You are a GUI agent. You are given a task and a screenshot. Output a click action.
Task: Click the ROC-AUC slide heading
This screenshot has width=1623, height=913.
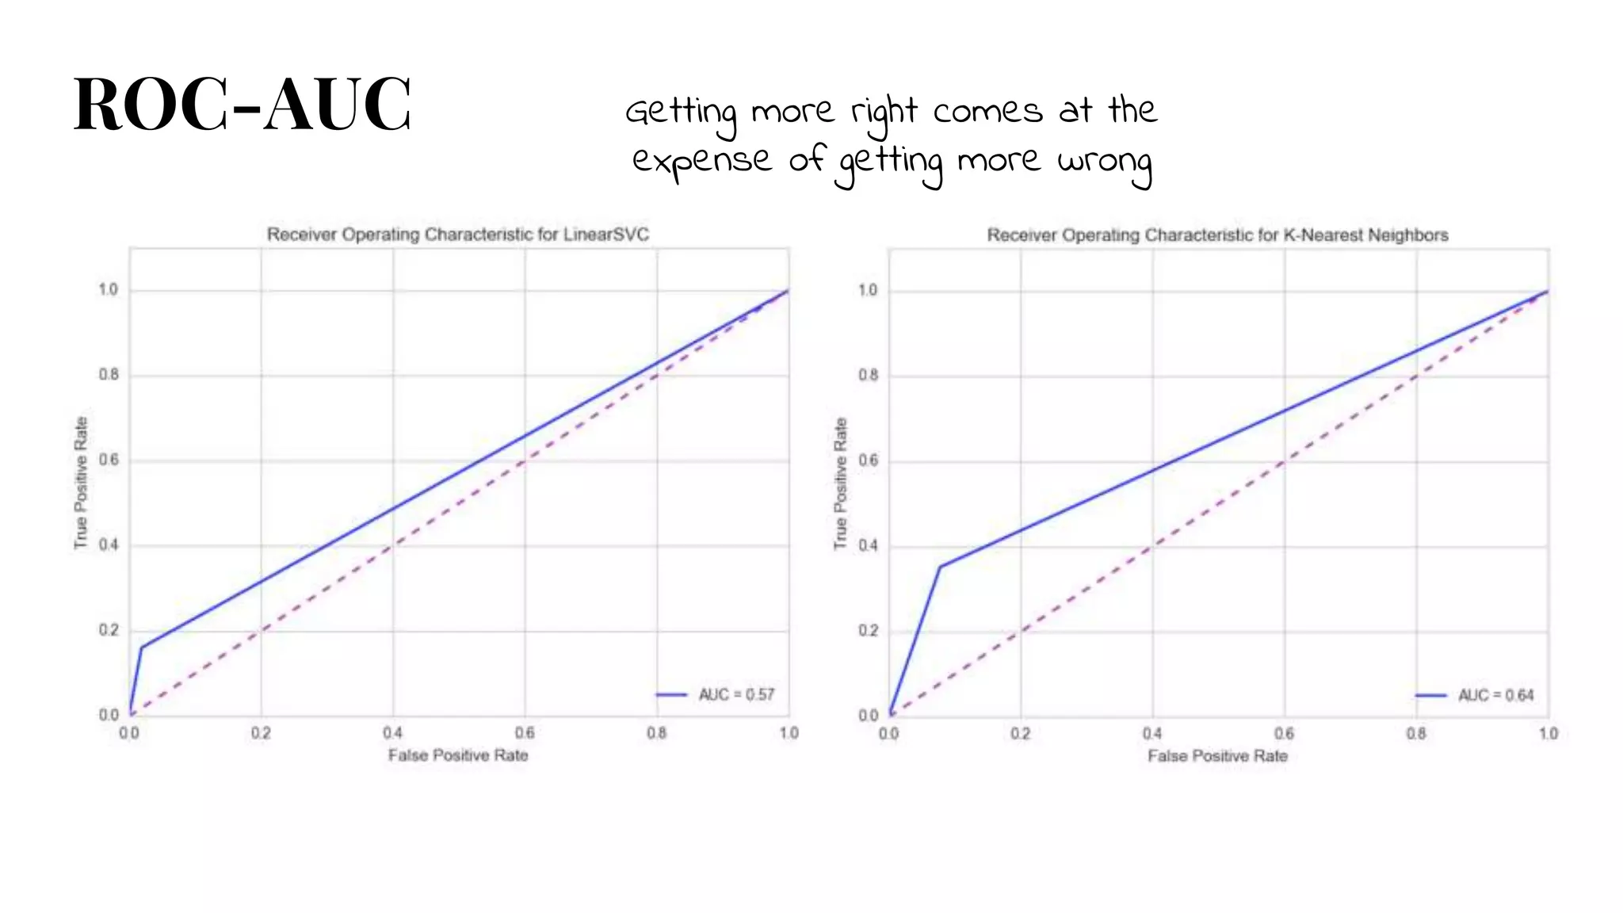click(242, 105)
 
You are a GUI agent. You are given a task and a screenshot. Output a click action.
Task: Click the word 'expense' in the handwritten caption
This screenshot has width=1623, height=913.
click(701, 161)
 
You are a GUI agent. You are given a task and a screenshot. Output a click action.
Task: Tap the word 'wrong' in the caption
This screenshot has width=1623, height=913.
click(1105, 162)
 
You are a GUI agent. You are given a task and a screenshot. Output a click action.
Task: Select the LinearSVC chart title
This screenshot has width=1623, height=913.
click(458, 235)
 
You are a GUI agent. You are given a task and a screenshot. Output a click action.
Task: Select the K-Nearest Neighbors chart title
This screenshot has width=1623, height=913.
click(1217, 235)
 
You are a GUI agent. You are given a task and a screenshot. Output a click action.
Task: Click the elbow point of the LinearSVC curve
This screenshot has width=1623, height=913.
click(142, 648)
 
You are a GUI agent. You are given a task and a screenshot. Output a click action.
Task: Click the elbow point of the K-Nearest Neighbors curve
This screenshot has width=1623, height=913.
click(940, 566)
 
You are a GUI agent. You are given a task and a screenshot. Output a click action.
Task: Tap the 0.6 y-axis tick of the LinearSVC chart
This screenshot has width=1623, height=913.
click(109, 460)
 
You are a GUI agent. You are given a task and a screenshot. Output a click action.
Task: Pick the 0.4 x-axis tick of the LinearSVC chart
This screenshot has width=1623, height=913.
click(392, 733)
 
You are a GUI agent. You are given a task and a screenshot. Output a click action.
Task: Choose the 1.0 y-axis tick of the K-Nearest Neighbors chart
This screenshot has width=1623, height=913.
click(868, 291)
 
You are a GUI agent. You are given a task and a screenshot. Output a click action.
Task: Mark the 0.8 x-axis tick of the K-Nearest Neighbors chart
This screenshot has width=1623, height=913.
click(1416, 734)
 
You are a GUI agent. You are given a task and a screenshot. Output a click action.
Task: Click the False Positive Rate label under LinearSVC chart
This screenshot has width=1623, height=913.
click(458, 755)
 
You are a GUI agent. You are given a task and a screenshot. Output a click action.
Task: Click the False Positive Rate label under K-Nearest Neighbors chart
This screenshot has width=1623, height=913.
click(1217, 756)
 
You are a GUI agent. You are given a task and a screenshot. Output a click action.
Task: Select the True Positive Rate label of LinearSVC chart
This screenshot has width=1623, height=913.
click(81, 483)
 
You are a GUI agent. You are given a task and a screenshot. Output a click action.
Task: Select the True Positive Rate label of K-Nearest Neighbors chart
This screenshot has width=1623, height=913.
click(841, 483)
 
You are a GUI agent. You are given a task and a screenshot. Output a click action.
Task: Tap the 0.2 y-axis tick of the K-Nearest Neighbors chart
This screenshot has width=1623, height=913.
click(868, 631)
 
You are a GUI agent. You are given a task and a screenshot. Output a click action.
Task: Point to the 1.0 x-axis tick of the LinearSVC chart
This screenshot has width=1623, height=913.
click(789, 733)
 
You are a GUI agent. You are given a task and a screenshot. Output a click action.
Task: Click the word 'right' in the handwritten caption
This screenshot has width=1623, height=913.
click(884, 113)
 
